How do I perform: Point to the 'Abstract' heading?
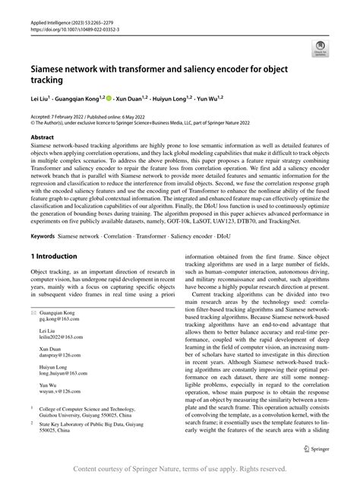[x=41, y=138]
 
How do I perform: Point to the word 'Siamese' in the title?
[x=52, y=68]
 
